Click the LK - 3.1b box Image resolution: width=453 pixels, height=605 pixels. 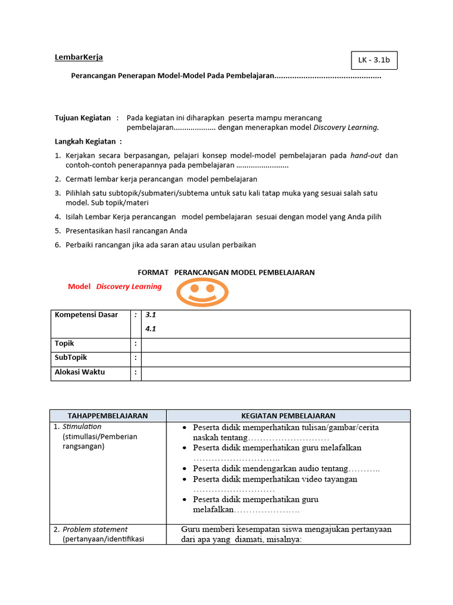(373, 60)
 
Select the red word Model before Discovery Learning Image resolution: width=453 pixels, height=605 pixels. (79, 287)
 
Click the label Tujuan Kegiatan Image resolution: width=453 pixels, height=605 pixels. (83, 118)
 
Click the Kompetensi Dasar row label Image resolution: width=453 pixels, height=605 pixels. (86, 315)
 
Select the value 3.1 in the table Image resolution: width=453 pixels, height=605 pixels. (150, 315)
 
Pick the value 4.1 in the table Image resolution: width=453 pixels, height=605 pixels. (150, 329)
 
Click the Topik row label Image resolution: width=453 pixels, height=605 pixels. (64, 343)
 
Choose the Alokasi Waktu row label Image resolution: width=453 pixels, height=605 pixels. (80, 372)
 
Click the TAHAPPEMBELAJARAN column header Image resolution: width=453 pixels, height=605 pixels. (107, 416)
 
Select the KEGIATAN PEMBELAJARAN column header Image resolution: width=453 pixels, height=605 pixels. (288, 416)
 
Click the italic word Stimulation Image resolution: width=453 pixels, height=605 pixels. (82, 427)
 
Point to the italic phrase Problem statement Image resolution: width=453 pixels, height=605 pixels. (95, 529)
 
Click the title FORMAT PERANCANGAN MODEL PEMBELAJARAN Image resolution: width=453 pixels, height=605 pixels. (226, 272)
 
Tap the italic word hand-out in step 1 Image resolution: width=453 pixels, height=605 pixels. (366, 155)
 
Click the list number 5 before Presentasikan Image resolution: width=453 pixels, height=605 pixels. (58, 231)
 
